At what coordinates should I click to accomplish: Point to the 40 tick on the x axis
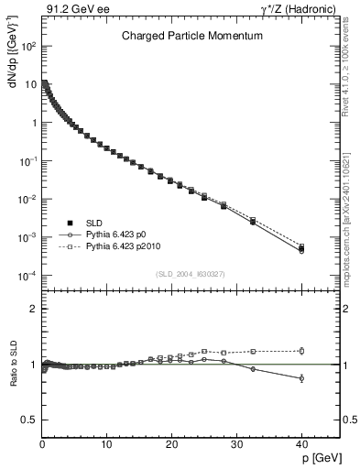pyautogui.click(x=301, y=444)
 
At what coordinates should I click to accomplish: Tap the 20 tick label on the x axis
pyautogui.click(x=171, y=444)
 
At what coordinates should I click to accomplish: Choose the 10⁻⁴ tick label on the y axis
pyautogui.click(x=29, y=276)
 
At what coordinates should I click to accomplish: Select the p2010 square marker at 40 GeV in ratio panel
pyautogui.click(x=301, y=350)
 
